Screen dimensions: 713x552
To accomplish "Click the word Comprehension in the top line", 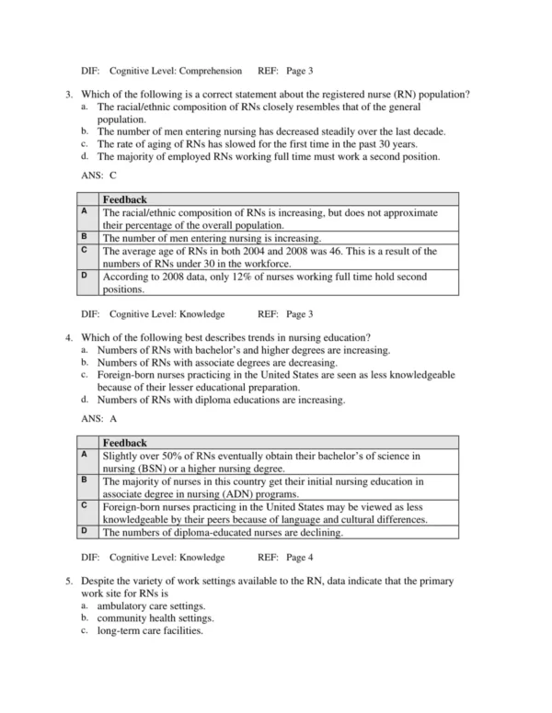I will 209,71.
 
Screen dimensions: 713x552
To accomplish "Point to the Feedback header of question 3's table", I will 124,199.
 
